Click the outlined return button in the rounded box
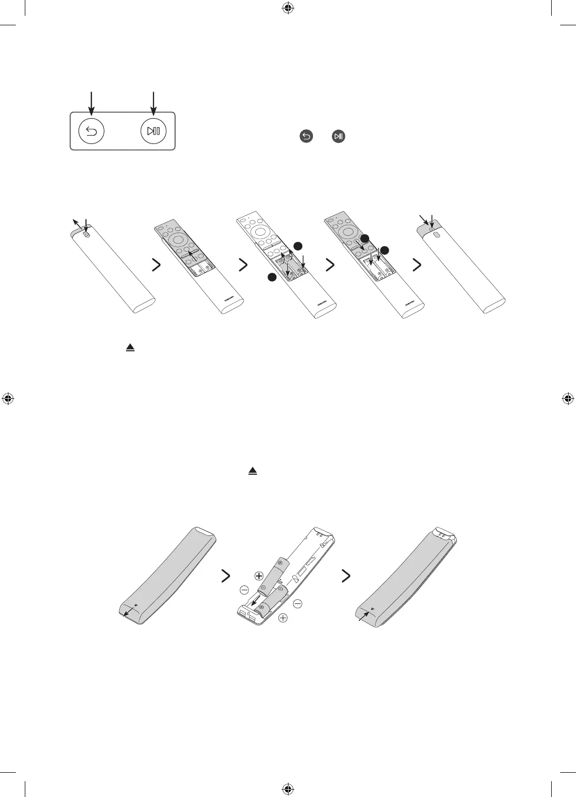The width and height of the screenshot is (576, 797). coord(91,131)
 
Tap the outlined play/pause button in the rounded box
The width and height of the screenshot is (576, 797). coord(153,131)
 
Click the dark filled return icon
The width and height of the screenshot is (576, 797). coord(306,137)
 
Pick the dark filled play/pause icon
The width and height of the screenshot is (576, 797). coord(339,137)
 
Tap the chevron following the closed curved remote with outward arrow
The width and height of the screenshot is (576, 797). coord(225,576)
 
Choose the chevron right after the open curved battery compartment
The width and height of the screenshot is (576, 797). coord(346,576)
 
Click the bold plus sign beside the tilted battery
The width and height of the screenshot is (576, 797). coord(258,576)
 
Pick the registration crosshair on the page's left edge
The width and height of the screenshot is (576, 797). coord(7,399)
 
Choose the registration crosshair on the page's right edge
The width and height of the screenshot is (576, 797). coord(568,399)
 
